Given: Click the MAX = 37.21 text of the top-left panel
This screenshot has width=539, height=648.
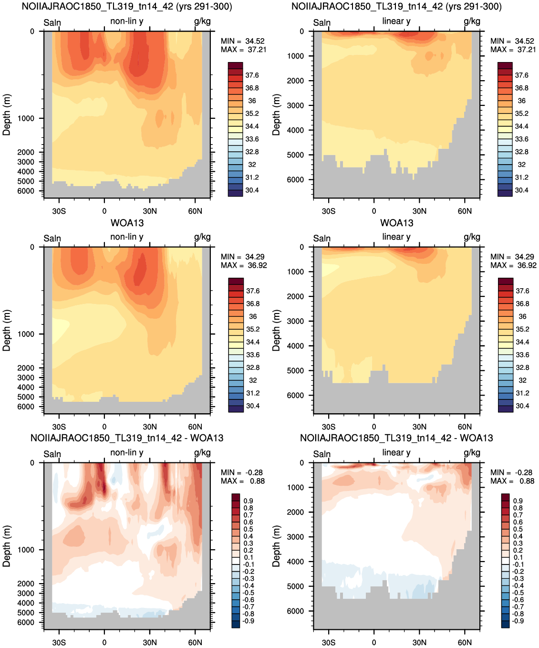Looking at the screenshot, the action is pyautogui.click(x=243, y=50).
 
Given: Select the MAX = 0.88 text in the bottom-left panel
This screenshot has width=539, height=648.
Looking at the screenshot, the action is pyautogui.click(x=243, y=481).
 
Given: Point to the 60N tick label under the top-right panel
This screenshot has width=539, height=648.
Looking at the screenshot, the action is pyautogui.click(x=465, y=211).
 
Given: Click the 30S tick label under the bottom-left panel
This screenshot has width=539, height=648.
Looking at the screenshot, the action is pyautogui.click(x=59, y=643).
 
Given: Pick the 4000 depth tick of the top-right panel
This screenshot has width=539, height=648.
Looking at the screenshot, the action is pyautogui.click(x=296, y=130).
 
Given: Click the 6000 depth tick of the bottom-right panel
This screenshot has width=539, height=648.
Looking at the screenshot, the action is pyautogui.click(x=296, y=611).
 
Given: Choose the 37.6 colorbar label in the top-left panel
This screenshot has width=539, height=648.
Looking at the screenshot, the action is pyautogui.click(x=252, y=75).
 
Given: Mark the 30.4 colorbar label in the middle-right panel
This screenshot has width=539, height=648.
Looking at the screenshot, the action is pyautogui.click(x=522, y=406).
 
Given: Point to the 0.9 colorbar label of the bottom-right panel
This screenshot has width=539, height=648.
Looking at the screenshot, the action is pyautogui.click(x=518, y=501).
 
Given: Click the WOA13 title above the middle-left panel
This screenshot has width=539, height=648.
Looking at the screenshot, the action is pyautogui.click(x=127, y=223).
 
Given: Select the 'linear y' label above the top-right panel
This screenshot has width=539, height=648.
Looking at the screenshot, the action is pyautogui.click(x=396, y=21).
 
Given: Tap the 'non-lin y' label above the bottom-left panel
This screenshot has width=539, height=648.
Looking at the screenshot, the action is pyautogui.click(x=126, y=453).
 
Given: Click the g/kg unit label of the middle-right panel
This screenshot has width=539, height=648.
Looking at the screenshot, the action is pyautogui.click(x=472, y=238).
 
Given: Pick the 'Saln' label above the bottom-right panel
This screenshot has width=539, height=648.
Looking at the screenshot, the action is pyautogui.click(x=322, y=454).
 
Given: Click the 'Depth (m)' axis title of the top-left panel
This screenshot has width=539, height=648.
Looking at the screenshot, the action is pyautogui.click(x=7, y=115).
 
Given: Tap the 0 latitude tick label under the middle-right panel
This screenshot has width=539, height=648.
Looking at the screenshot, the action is pyautogui.click(x=374, y=427).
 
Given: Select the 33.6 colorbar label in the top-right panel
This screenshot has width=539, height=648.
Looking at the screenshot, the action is pyautogui.click(x=522, y=139).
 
